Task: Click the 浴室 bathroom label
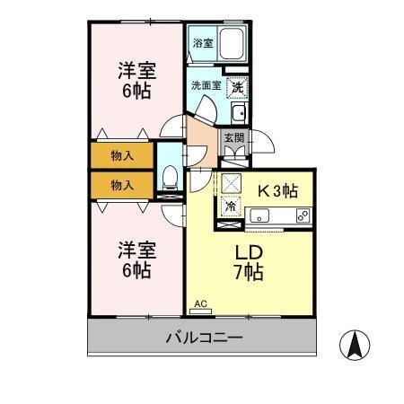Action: (x=202, y=42)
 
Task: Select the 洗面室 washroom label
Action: (x=205, y=87)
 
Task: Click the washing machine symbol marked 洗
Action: (x=237, y=88)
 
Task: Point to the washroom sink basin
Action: (x=239, y=113)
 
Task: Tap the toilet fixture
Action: (x=168, y=176)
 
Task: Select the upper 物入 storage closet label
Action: (x=122, y=155)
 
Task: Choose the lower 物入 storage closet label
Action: (x=122, y=185)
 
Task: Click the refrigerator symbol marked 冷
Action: (x=231, y=206)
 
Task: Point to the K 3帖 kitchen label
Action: (x=278, y=190)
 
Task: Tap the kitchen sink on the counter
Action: (x=260, y=215)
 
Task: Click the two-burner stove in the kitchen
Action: (x=303, y=215)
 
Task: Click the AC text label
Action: (x=200, y=305)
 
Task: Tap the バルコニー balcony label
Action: (x=205, y=338)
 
